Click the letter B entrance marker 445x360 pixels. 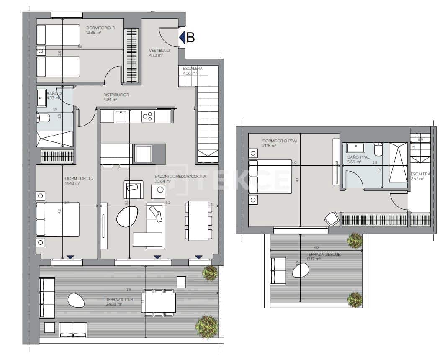tap(190, 38)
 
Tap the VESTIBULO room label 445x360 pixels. tap(159, 51)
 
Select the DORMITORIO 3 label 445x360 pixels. tap(100, 28)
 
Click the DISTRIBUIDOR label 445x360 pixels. tap(116, 95)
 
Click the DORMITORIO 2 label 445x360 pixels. tap(80, 178)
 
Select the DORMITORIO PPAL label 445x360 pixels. tap(280, 141)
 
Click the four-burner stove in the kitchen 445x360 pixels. tap(148, 116)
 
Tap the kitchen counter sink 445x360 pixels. tap(121, 116)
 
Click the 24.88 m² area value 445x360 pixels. tap(113, 305)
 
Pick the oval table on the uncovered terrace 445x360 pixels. tap(300, 271)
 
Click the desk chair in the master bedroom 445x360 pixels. tap(332, 219)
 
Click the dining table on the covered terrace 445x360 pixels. tap(159, 302)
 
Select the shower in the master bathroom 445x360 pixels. tap(398, 162)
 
